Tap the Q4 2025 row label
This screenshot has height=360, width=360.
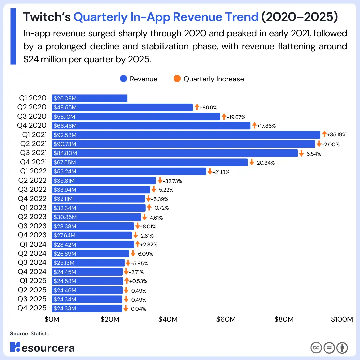32,308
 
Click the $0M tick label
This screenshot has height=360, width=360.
52,319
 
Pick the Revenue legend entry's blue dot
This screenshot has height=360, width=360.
124,79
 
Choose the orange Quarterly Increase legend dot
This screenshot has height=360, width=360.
177,79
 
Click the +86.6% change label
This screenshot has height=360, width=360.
208,107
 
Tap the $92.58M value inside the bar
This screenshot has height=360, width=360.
65,135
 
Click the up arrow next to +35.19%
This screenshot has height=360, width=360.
324,135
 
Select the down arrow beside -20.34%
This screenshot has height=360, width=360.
251,162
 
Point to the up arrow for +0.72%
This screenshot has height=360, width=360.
149,208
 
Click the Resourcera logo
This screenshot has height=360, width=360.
42,347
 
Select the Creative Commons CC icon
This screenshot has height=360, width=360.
316,348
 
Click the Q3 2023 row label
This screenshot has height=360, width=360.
32,226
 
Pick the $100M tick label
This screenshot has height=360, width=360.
342,319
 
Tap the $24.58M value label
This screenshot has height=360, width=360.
65,281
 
